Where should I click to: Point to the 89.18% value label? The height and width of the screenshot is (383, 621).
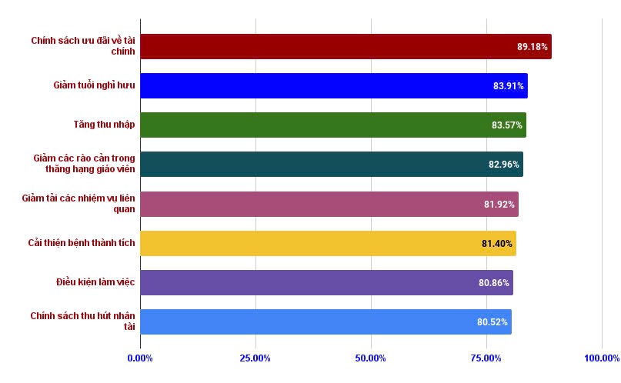[532, 46]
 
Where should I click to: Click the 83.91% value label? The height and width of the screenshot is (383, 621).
[508, 85]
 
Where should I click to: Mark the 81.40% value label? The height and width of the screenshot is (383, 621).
[496, 243]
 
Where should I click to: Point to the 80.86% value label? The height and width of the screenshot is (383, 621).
[493, 282]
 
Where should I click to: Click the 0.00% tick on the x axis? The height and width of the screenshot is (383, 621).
[140, 358]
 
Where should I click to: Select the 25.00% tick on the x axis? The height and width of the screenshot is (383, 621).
[255, 358]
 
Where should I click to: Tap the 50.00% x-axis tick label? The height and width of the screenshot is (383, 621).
[371, 358]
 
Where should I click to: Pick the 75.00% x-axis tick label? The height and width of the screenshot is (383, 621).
[486, 358]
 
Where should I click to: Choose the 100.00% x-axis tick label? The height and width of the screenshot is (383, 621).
[601, 358]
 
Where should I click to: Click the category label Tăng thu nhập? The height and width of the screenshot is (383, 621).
[104, 125]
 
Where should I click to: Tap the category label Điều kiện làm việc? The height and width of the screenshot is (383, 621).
[95, 282]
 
